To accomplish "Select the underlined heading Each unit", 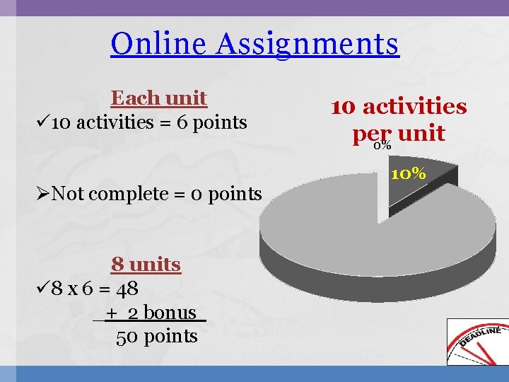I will pyautogui.click(x=159, y=98).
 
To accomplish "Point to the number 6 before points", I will pyautogui.click(x=182, y=122).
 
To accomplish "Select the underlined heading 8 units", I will pyautogui.click(x=146, y=265).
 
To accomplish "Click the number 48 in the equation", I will pyautogui.click(x=128, y=289).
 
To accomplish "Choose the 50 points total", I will pyautogui.click(x=157, y=336).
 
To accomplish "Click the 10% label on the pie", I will pyautogui.click(x=408, y=173).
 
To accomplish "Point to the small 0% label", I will pyautogui.click(x=382, y=145).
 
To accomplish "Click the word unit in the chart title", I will pyautogui.click(x=421, y=133).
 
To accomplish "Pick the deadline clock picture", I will pyautogui.click(x=477, y=342).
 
